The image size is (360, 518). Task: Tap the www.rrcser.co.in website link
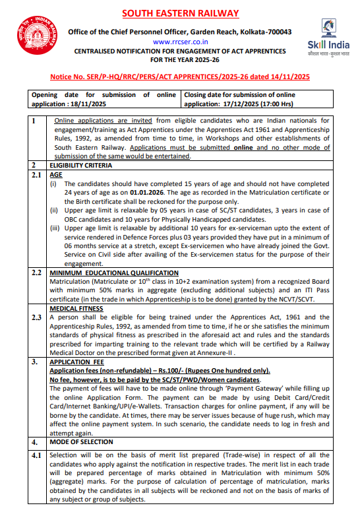point(179,41)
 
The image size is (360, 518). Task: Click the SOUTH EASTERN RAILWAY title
point(179,13)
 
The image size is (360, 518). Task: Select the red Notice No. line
point(179,77)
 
